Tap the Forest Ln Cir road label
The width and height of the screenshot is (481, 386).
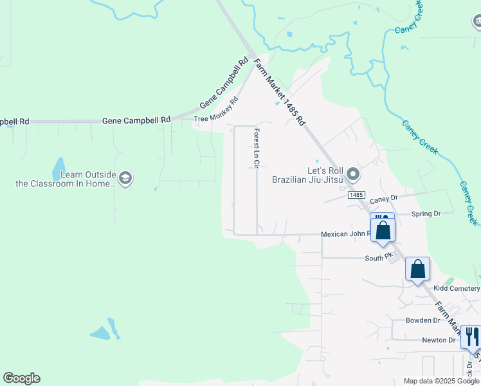pyautogui.click(x=256, y=149)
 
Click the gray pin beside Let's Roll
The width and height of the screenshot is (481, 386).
pyautogui.click(x=352, y=174)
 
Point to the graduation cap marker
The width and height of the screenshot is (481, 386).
pyautogui.click(x=125, y=178)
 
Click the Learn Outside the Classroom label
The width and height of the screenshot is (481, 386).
pyautogui.click(x=66, y=179)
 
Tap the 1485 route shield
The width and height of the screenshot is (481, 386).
pyautogui.click(x=358, y=194)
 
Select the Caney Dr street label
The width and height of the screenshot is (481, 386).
pyautogui.click(x=385, y=199)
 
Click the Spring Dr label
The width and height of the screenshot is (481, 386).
pyautogui.click(x=426, y=213)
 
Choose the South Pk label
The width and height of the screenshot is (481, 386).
pyautogui.click(x=378, y=257)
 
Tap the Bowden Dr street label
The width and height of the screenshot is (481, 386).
pyautogui.click(x=422, y=320)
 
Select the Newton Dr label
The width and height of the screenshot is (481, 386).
pyautogui.click(x=439, y=340)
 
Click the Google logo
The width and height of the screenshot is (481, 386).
pyautogui.click(x=21, y=378)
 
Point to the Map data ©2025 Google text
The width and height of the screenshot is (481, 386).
pyautogui.click(x=440, y=381)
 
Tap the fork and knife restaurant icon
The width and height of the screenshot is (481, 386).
pyautogui.click(x=471, y=336)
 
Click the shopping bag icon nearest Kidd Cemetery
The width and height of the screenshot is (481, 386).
pyautogui.click(x=417, y=268)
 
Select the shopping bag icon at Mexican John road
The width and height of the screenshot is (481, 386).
pyautogui.click(x=383, y=230)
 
